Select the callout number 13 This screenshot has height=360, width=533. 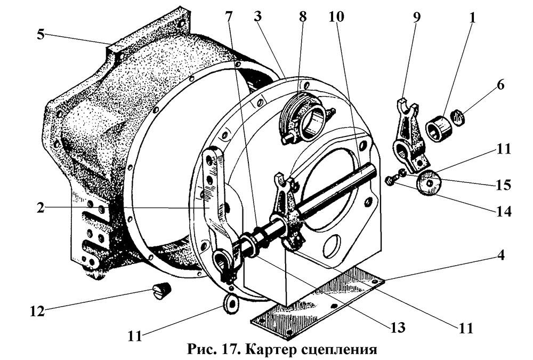point(395,326)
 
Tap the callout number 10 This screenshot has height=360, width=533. point(337,17)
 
